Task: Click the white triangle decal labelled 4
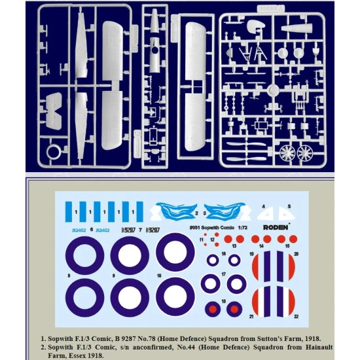tap(266, 212)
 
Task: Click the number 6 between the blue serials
tap(91, 230)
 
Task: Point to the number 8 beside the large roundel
tap(67, 277)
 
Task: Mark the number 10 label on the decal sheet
tap(158, 277)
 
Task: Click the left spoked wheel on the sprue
tap(287, 154)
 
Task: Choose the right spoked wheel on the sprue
tap(305, 154)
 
